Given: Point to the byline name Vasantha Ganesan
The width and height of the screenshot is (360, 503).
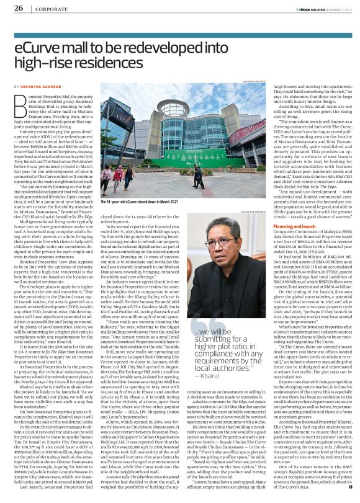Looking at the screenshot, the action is tap(43, 87).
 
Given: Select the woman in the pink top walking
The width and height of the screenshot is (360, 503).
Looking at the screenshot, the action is tap(118, 177).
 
